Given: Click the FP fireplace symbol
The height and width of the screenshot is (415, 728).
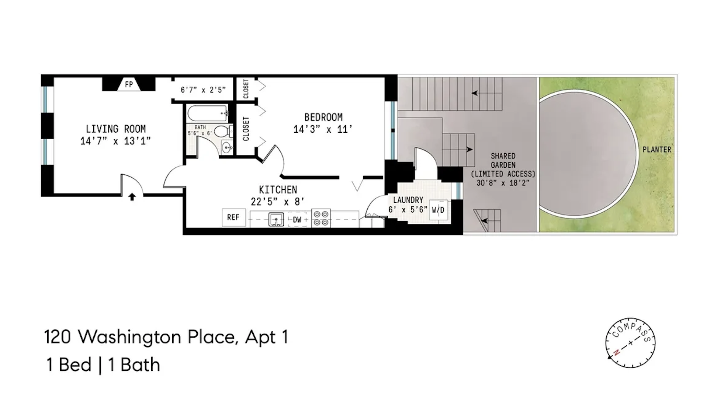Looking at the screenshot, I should click(129, 84).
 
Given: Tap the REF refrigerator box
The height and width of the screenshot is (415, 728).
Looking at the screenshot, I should click(233, 217).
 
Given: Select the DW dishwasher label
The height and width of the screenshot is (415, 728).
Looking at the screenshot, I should click(297, 220).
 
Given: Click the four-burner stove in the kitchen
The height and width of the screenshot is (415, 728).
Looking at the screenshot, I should click(321, 218).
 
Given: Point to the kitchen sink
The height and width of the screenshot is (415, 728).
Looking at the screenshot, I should click(276, 219).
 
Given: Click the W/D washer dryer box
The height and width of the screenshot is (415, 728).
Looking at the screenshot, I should click(438, 210).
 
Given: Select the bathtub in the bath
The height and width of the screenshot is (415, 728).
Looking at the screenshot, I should click(207, 113).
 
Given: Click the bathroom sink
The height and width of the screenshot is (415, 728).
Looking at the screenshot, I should click(227, 148).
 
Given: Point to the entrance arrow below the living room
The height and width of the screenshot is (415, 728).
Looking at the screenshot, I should click(132, 197).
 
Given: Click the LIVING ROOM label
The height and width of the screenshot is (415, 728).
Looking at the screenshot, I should click(116, 129).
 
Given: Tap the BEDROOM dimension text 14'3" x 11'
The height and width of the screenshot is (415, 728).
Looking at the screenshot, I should click(323, 129).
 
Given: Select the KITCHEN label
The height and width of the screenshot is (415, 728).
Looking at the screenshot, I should click(278, 190).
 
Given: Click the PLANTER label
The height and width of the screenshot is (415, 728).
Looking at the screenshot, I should click(657, 150).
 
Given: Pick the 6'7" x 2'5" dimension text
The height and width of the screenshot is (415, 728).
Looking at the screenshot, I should click(203, 90).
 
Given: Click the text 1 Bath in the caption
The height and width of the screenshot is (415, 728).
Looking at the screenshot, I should click(134, 365).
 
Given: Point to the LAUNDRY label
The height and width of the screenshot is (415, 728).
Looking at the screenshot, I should click(408, 200).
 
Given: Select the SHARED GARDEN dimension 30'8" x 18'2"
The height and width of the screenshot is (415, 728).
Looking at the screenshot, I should click(503, 183).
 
